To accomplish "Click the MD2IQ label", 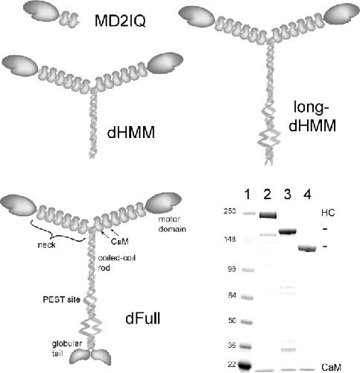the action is [120, 21].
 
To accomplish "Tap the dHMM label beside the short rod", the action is [131, 132].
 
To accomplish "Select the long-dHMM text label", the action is [312, 116].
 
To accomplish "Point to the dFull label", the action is [143, 319].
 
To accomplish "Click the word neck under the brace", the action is [46, 245].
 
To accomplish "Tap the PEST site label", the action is [61, 299].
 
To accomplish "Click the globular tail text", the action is [66, 348].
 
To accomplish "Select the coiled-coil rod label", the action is [117, 263].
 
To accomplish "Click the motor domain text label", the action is [172, 224].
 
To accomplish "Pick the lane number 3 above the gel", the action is [287, 194].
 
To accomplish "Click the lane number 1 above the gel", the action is [247, 194].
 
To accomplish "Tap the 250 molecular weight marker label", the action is [230, 211].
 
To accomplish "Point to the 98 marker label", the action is [232, 269].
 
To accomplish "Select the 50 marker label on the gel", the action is [232, 320].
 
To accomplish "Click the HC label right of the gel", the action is [328, 213].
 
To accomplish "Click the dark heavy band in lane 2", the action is [268, 215].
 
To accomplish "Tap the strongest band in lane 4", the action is [307, 248].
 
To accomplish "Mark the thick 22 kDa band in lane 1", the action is [244, 366].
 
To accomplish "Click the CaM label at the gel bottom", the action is [331, 367].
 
